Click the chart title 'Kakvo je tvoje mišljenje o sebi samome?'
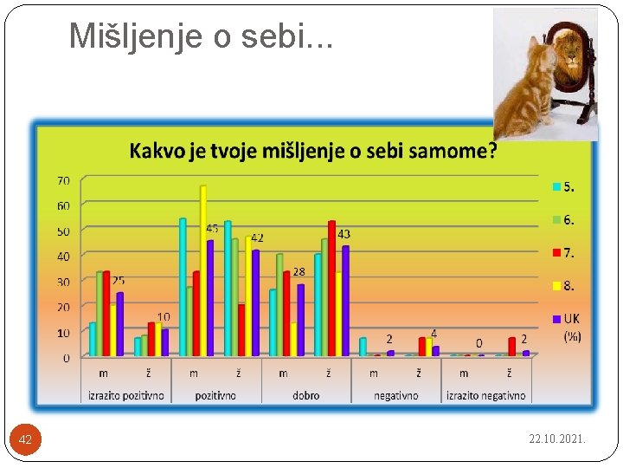[313, 151]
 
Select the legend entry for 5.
[563, 186]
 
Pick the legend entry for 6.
[563, 220]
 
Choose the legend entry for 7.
[563, 253]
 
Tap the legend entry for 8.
[563, 285]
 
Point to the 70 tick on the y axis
[64, 180]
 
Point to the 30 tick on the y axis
[64, 282]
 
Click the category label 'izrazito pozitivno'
[125, 395]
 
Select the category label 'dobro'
[305, 395]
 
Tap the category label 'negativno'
[395, 395]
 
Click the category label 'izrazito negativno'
[485, 395]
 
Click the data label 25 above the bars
[118, 281]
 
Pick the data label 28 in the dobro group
[299, 272]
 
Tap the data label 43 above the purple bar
[344, 234]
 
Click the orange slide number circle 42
[26, 439]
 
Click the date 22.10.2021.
[557, 439]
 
